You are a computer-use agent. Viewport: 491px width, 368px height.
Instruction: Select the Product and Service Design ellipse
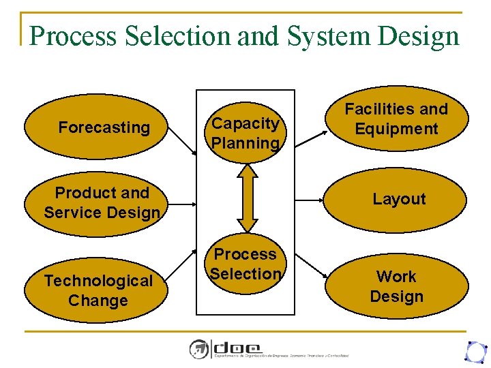[x=102, y=202]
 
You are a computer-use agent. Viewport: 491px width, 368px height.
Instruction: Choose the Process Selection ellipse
[x=246, y=264]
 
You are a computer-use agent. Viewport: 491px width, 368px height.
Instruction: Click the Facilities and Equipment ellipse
[x=396, y=119]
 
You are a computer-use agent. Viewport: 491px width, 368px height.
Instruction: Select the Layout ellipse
[x=396, y=199]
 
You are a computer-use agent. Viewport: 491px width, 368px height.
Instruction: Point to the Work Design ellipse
[x=396, y=286]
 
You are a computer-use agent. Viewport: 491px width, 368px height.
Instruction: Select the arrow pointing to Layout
[x=310, y=200]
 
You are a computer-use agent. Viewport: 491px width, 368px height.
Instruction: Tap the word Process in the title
[x=73, y=36]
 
